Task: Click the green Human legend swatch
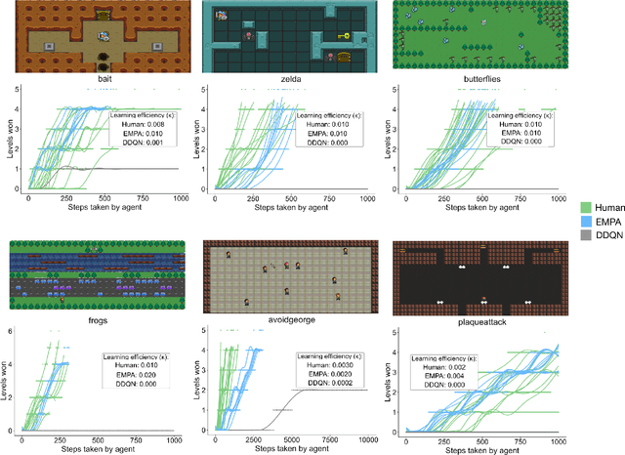(583, 206)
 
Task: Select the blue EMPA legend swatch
(583, 222)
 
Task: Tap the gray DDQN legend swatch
(583, 237)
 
